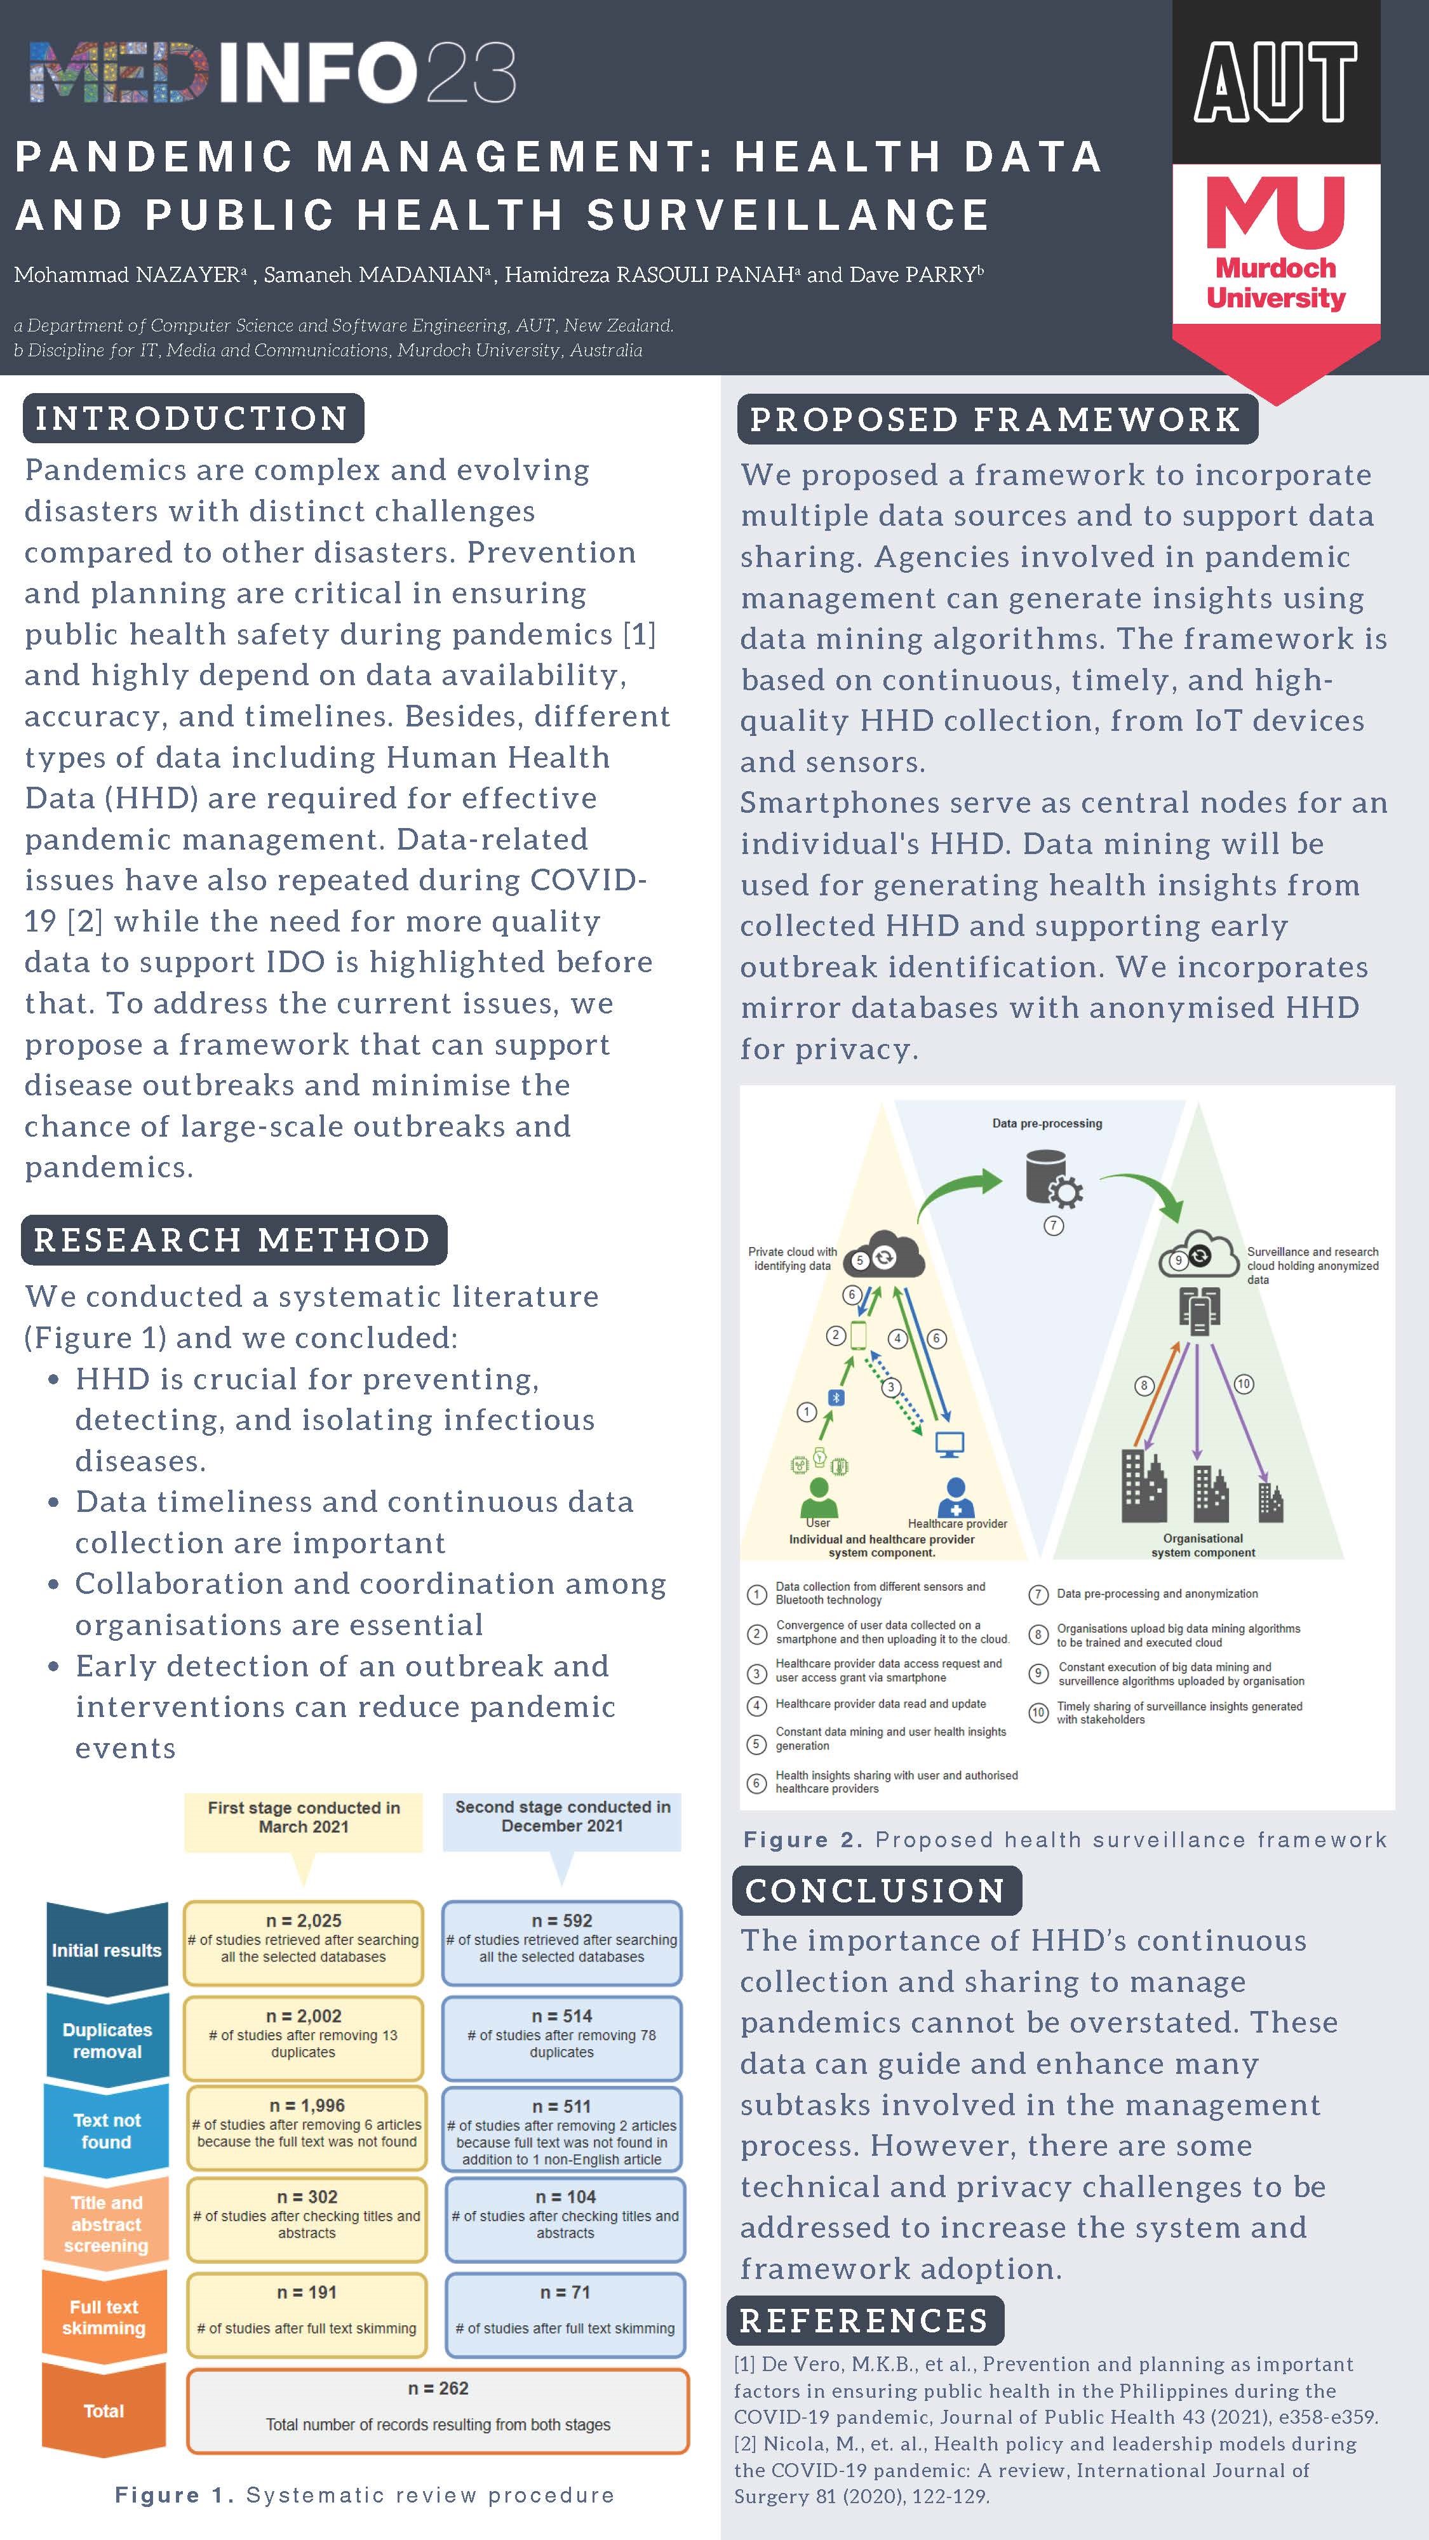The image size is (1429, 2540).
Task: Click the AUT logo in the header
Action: [x=1275, y=83]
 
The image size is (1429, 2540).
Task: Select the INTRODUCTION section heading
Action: [x=192, y=418]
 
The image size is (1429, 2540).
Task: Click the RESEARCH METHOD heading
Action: [x=232, y=1240]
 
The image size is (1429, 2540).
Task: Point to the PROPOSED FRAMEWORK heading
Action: [x=996, y=419]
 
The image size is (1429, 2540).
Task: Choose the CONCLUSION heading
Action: [x=876, y=1890]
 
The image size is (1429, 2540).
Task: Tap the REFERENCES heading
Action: [x=864, y=2320]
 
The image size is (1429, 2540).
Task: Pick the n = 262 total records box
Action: [x=438, y=2410]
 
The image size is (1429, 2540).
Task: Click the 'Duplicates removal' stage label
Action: [x=107, y=2040]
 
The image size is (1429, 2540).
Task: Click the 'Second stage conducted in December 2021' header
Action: [x=562, y=1816]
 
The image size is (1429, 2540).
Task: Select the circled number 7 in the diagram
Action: [x=1053, y=1226]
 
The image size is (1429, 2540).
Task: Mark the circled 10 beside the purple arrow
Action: [x=1243, y=1384]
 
